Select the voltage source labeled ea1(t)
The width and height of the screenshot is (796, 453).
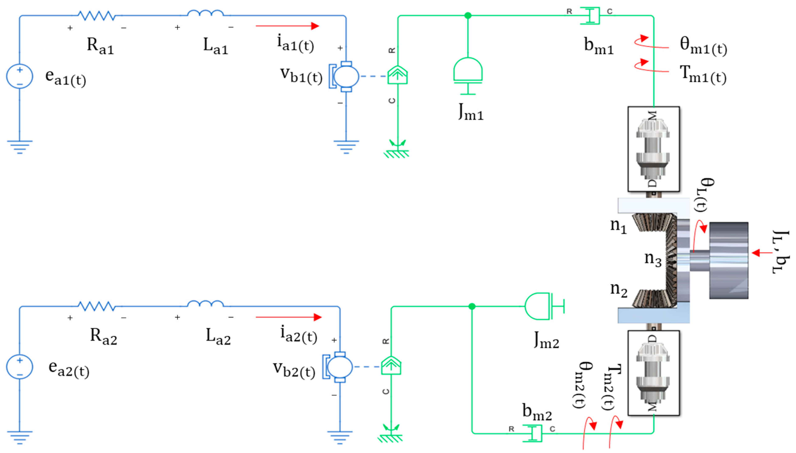[19, 76]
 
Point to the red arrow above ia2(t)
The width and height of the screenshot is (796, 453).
[288, 317]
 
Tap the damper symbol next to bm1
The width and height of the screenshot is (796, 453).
[590, 15]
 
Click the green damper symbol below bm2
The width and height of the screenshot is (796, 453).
[532, 433]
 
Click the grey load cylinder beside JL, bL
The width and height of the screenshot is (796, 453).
[728, 260]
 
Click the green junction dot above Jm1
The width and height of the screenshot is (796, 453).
[468, 15]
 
